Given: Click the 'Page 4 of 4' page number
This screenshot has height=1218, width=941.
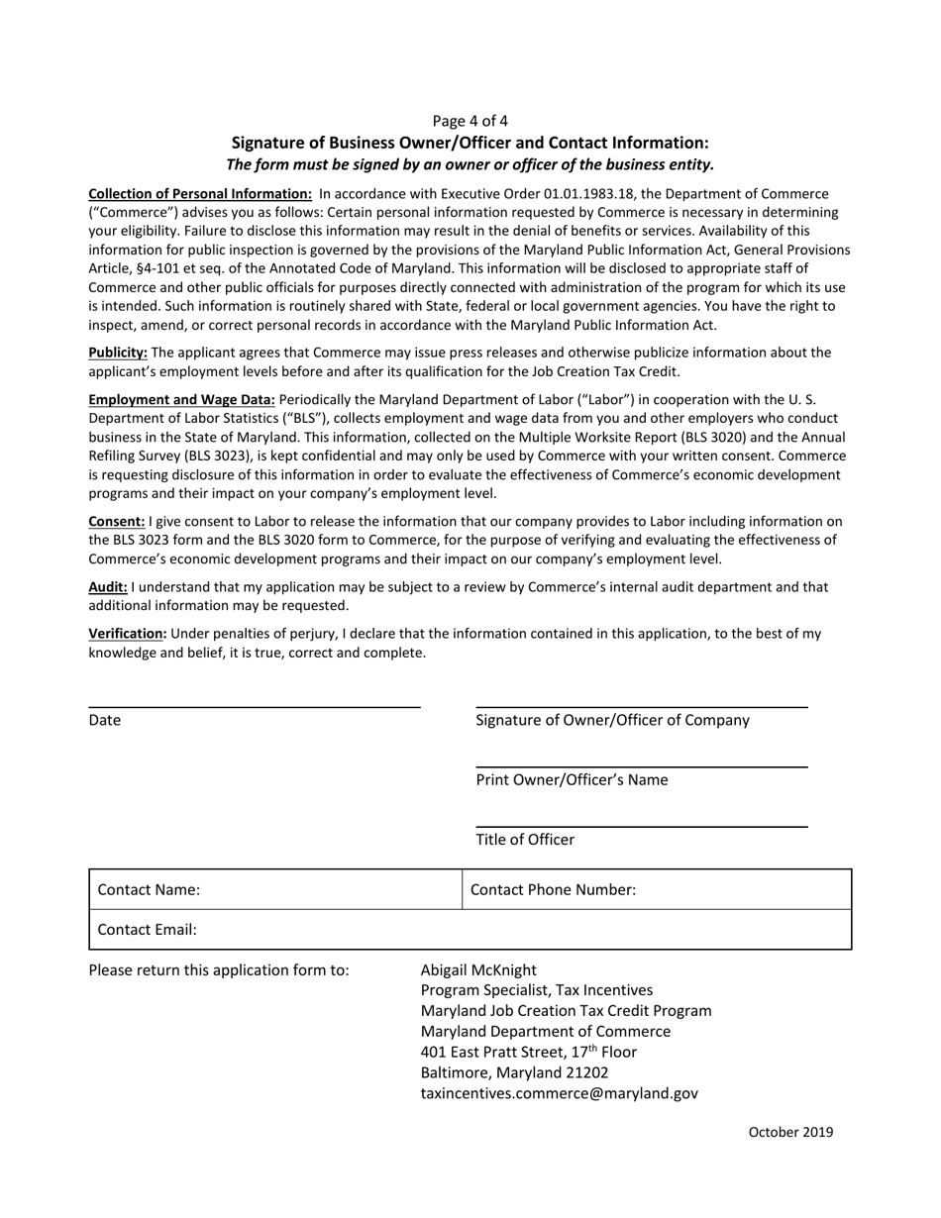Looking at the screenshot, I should coord(470,121).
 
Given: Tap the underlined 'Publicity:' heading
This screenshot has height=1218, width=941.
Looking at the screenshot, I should coord(118,353).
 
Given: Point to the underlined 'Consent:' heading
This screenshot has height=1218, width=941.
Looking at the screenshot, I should coord(117,521).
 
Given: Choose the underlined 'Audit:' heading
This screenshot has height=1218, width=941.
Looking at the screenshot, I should coord(108,586).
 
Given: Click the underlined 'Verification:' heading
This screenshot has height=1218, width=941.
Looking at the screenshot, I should coord(128,633).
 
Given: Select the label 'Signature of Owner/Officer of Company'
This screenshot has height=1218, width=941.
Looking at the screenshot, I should coord(612,720).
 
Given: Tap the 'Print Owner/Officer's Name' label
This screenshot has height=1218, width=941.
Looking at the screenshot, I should coord(572,779).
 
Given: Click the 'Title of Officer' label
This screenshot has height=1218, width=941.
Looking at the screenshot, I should coord(525,840).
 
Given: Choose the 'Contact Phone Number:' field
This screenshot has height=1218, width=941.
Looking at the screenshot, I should coord(657,889).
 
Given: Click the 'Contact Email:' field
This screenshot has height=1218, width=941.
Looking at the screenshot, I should coord(470,930).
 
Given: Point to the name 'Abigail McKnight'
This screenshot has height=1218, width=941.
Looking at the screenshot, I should coord(478,969).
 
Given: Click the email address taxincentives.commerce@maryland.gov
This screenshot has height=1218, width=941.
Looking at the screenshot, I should coord(560,1093).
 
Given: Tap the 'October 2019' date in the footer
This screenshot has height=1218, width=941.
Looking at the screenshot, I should coord(790,1132).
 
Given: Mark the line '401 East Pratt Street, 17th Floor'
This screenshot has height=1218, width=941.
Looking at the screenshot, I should coord(529,1052).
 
